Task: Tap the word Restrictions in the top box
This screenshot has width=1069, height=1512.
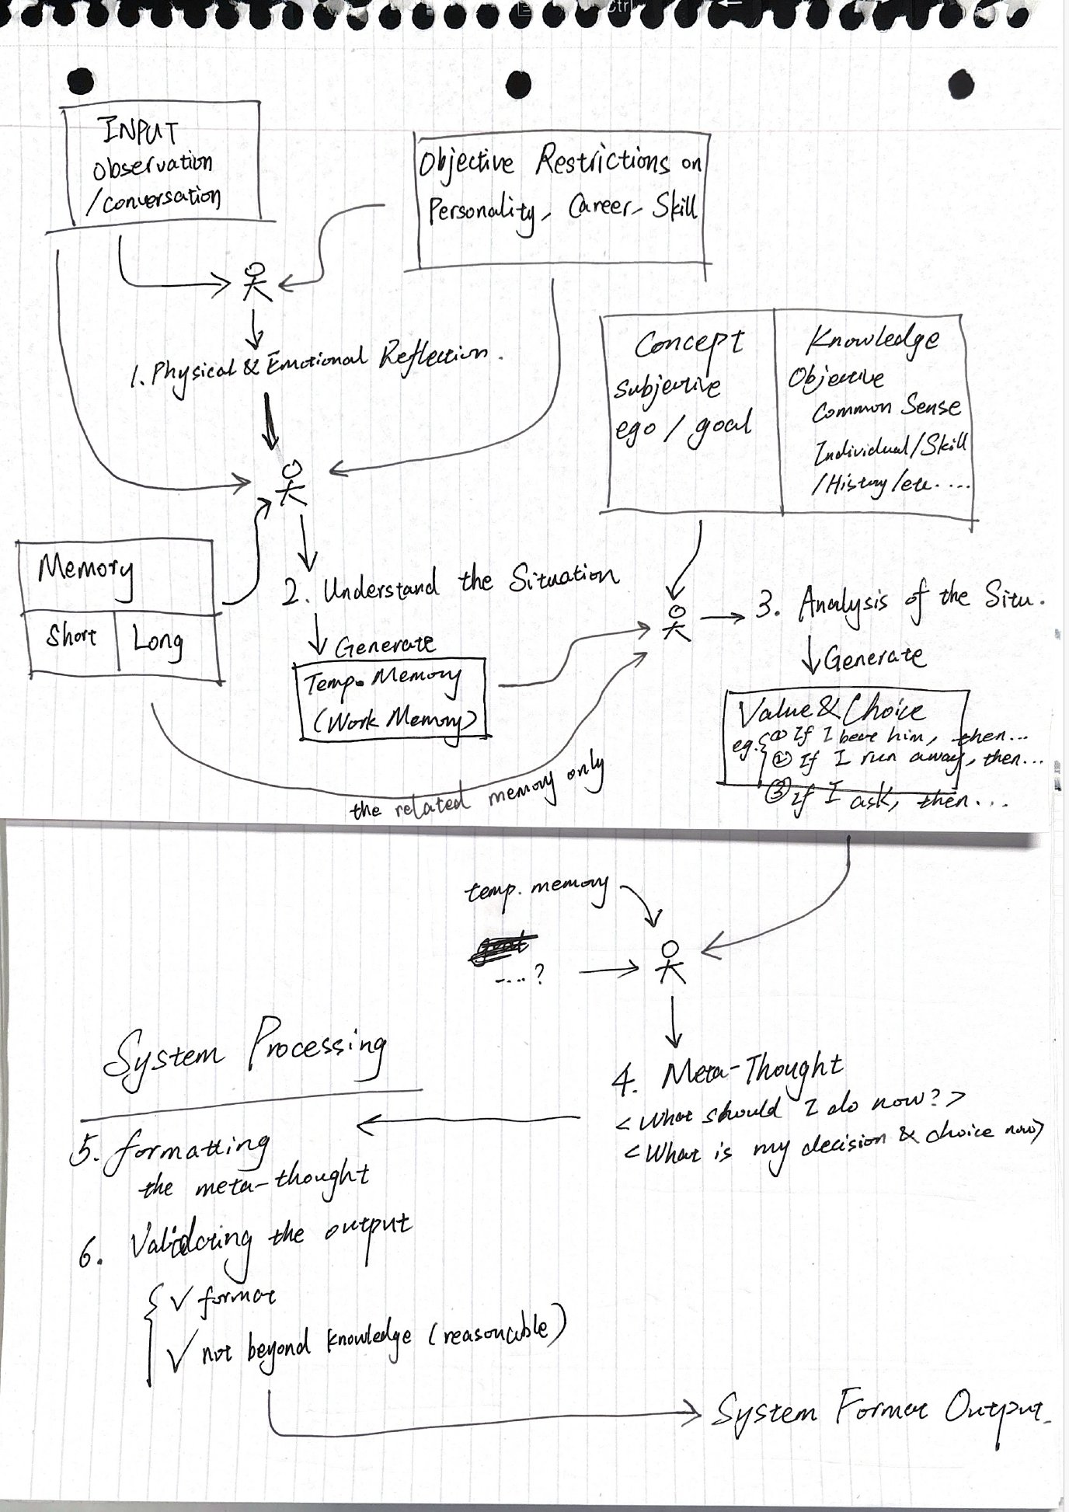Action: [x=602, y=161]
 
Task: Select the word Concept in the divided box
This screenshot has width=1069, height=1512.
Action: [x=688, y=343]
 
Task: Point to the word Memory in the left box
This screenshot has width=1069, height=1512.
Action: [x=85, y=570]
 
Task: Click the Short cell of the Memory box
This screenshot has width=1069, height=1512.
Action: [x=71, y=636]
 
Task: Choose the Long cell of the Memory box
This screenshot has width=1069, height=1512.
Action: [x=158, y=641]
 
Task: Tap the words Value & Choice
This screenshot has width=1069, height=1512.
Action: [x=830, y=709]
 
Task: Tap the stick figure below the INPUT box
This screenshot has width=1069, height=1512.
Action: [x=257, y=282]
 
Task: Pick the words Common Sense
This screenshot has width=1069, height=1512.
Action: [x=886, y=407]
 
